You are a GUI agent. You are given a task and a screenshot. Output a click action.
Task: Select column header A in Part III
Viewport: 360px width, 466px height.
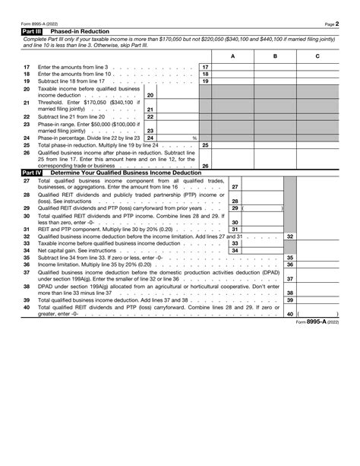[232, 56]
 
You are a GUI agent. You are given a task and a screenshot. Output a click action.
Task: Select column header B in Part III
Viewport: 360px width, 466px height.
[274, 56]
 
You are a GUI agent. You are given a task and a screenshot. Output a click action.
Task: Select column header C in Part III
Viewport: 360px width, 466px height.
[317, 56]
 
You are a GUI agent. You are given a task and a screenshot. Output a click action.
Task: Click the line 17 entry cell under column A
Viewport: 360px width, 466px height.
[232, 67]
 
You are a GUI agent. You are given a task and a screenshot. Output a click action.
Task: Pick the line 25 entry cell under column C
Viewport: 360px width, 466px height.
[317, 144]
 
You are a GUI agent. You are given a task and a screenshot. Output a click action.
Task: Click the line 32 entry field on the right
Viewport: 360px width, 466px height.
[317, 236]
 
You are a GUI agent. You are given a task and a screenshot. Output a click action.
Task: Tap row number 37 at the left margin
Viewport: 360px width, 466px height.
[26, 271]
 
